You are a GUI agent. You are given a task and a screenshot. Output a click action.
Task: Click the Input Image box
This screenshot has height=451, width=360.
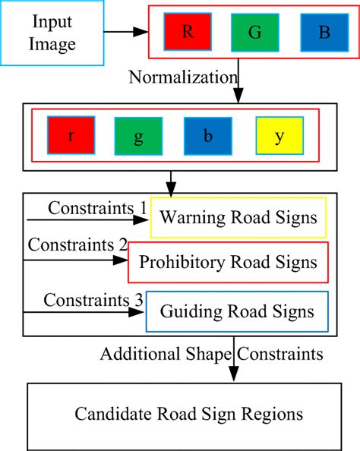(x=52, y=33)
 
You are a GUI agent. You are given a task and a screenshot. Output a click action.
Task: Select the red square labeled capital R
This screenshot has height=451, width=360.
(x=187, y=33)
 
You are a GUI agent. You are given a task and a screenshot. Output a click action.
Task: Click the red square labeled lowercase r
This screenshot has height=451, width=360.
(x=71, y=135)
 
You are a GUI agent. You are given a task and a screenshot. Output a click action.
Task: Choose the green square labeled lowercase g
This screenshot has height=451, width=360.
(x=138, y=135)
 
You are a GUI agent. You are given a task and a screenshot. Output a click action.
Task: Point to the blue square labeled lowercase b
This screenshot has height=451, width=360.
(x=207, y=135)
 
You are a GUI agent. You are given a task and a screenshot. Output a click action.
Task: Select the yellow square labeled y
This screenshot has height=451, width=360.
(x=279, y=135)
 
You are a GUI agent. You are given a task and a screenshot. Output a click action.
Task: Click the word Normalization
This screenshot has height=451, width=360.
(x=183, y=77)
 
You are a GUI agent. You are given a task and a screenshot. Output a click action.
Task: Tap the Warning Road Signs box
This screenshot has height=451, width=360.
(x=238, y=219)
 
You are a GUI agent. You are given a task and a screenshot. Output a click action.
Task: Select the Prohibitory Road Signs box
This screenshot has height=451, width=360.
(x=229, y=263)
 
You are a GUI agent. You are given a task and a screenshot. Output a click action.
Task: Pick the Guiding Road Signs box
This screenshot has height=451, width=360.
(x=237, y=311)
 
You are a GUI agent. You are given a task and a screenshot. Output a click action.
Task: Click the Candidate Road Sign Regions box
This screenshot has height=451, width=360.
(x=188, y=415)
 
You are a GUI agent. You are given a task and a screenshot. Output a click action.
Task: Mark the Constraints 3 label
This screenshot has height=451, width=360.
(x=93, y=299)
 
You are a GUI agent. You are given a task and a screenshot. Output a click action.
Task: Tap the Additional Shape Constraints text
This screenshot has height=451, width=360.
(x=211, y=353)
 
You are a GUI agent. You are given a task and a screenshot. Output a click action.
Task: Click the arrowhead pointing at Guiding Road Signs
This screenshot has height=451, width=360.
(x=139, y=311)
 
